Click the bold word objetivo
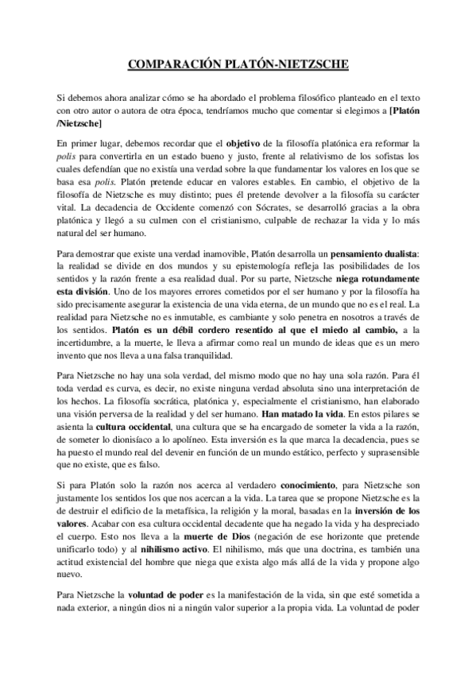click(246, 143)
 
